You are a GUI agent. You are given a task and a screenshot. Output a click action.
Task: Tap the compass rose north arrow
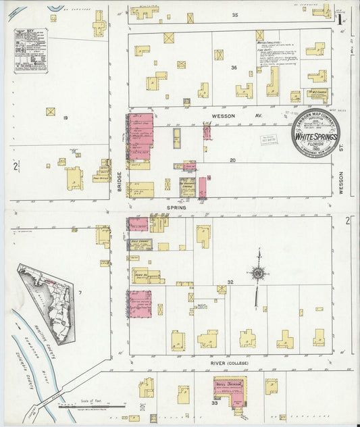pyautogui.click(x=257, y=274)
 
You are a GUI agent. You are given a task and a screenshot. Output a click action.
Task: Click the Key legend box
pyautogui.click(x=31, y=51)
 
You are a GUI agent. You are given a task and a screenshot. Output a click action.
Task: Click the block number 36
pyautogui.click(x=234, y=68)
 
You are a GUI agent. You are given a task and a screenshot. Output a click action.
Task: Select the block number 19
pyautogui.click(x=66, y=118)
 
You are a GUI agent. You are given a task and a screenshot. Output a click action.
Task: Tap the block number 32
pyautogui.click(x=230, y=282)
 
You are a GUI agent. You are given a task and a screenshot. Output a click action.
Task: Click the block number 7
pyautogui.click(x=79, y=292)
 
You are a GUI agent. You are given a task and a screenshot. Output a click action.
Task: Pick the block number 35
pyautogui.click(x=235, y=15)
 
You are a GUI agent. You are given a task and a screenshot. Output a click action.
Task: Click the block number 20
pyautogui.click(x=232, y=160)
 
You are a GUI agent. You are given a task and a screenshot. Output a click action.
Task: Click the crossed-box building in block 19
pyautogui.click(x=50, y=111)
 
